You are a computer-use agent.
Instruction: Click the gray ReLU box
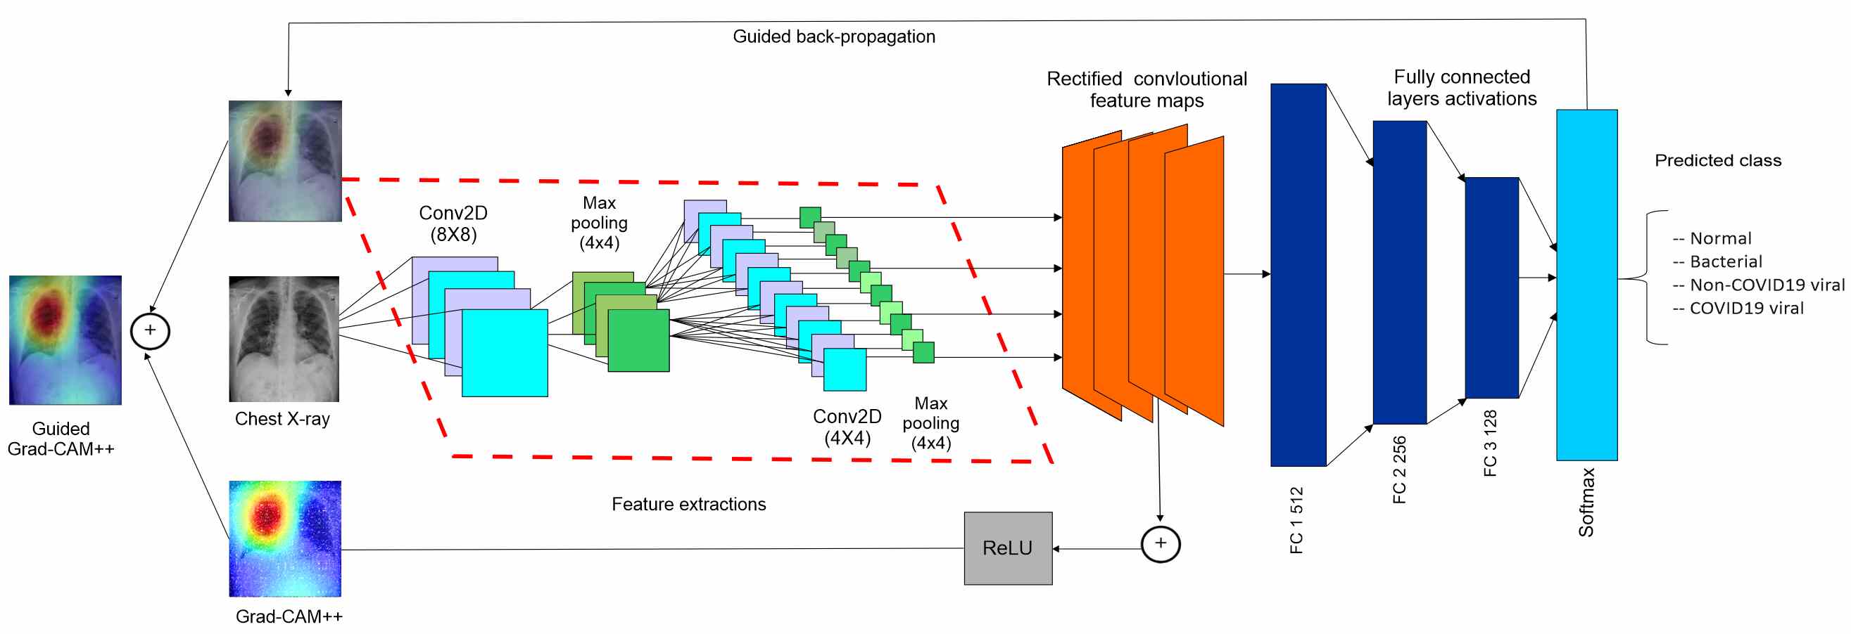pos(1007,548)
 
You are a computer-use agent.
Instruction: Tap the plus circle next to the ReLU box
pos(1161,543)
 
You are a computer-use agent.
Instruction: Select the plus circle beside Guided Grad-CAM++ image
pos(150,331)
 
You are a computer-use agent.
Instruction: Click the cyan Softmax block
pos(1586,285)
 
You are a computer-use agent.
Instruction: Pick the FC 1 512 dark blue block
pos(1298,275)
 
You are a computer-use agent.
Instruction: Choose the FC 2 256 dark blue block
pos(1399,272)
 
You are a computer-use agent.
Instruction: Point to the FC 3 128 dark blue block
pos(1492,287)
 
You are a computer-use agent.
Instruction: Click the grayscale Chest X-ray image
pos(284,339)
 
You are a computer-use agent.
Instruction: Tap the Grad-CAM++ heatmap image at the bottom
pos(285,538)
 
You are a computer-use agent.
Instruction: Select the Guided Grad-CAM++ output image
pos(65,339)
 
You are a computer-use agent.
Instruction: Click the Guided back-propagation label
pos(833,37)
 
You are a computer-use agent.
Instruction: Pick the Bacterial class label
pos(1717,261)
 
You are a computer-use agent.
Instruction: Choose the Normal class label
pos(1712,238)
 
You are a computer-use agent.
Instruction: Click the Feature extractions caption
pos(688,504)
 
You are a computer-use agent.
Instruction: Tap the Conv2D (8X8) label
pos(453,224)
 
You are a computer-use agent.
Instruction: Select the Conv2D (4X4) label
pos(847,427)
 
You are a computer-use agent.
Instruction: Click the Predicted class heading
pos(1718,160)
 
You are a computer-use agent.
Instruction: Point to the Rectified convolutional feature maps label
pos(1146,89)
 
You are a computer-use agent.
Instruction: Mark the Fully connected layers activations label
pos(1462,88)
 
